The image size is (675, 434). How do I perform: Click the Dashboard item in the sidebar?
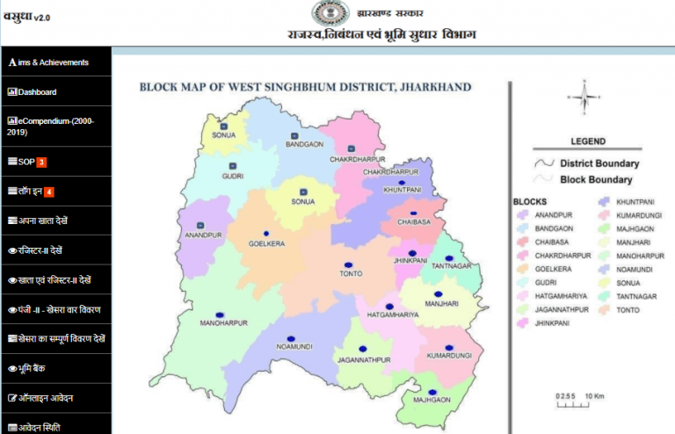[x=36, y=92]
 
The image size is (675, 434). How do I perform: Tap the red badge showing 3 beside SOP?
[x=41, y=162]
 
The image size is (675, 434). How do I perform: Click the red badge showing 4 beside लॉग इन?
[x=49, y=192]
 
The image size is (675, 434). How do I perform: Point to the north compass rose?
[x=581, y=94]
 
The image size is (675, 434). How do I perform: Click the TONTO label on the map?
[x=351, y=273]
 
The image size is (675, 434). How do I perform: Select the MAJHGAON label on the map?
[x=432, y=400]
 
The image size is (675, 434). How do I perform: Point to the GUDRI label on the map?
[x=233, y=176]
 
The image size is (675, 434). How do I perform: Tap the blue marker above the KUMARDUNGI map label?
[x=449, y=348]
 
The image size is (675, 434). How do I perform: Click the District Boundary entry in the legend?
[x=599, y=163]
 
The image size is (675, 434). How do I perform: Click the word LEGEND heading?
[x=587, y=141]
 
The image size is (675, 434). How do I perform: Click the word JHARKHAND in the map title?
[x=435, y=88]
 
